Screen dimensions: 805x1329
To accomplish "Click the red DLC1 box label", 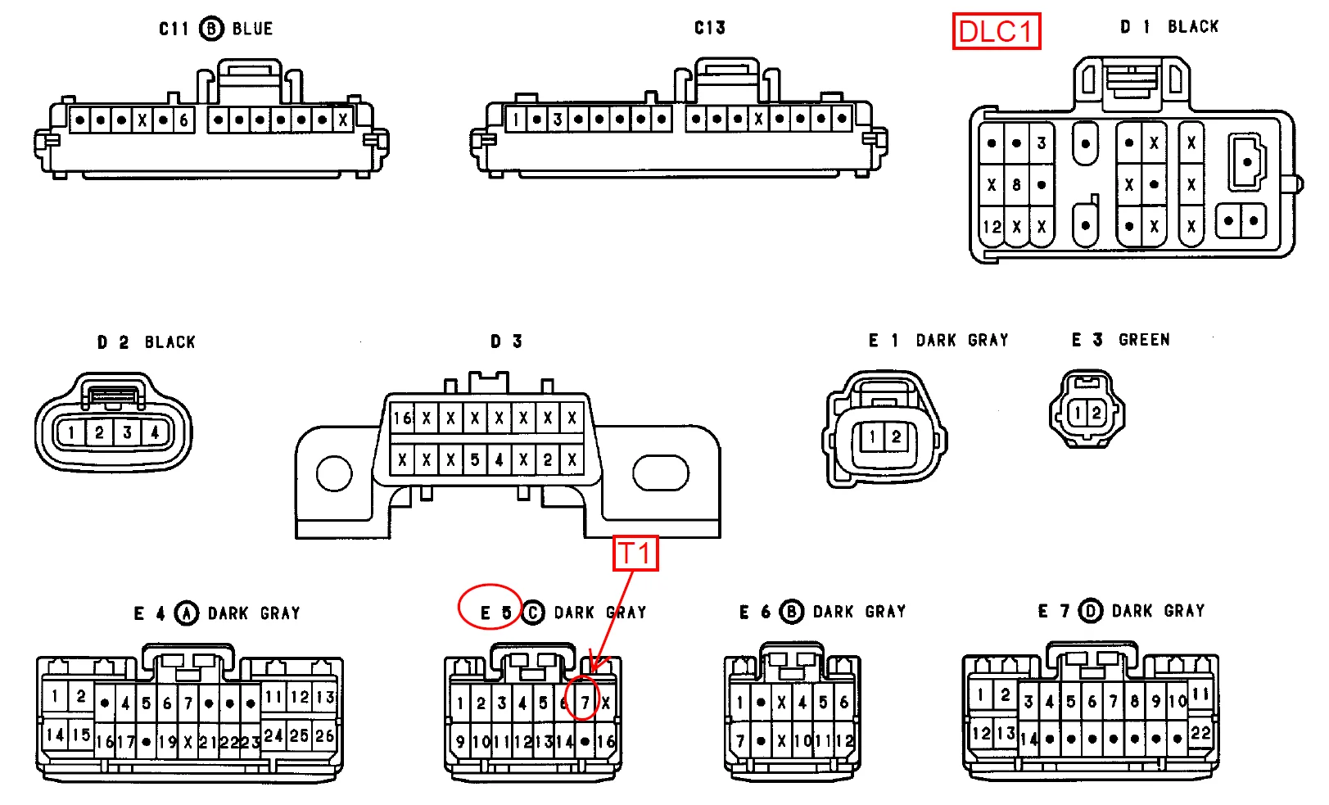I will pos(996,32).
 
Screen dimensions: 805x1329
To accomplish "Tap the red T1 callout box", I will pos(635,554).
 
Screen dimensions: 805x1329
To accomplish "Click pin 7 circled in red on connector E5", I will pos(585,702).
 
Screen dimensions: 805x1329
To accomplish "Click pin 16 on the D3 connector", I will pos(402,418).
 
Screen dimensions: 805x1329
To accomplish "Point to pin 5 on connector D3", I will pos(475,459).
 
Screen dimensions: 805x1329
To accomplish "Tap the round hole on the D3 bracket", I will pos(334,473).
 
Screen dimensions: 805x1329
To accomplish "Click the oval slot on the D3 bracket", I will pos(660,473).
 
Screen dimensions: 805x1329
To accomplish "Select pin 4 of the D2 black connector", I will pos(155,432).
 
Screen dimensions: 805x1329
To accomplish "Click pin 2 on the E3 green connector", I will pos(1096,413).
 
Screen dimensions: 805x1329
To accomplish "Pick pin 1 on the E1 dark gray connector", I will pos(873,437).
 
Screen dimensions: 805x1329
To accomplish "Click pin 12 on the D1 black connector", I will pos(992,227).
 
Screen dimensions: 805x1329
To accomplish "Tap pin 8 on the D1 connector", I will pos(1016,185).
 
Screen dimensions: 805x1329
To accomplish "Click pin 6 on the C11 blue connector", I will pos(184,120).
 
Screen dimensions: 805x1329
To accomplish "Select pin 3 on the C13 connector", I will pos(558,120).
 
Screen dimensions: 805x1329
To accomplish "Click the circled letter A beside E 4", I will pos(187,613).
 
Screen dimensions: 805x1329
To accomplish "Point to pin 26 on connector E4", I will pos(325,735).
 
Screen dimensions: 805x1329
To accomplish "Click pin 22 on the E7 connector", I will pos(1200,733).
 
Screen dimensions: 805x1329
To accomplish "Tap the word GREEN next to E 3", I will pos(1144,340).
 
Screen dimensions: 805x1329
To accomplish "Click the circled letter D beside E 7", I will pos(1090,611).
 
